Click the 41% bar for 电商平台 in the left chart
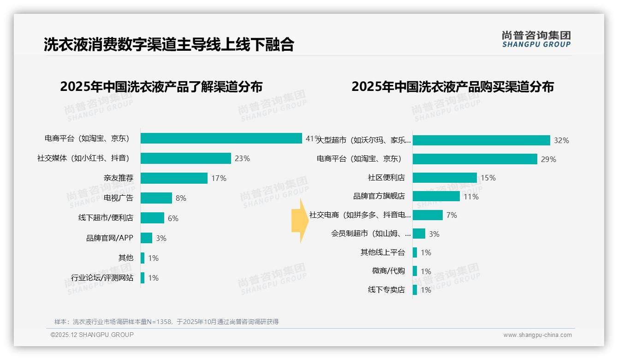coord(221,138)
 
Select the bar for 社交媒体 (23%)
coord(185,158)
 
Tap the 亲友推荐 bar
coord(174,178)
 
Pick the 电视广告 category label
coord(119,198)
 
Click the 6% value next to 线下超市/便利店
coord(173,218)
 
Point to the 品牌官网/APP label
coord(109,238)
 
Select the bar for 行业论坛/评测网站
coord(143,278)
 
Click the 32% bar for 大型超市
coord(481,140)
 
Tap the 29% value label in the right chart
coord(549,159)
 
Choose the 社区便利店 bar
coord(445,178)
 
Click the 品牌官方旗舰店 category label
coord(379,196)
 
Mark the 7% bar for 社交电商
coord(428,215)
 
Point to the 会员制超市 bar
coord(419,234)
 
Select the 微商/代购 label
coord(388,271)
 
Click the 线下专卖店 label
coord(386,290)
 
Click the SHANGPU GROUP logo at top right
coord(536,39)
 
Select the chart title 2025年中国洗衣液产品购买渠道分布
coord(452,87)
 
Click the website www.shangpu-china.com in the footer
coord(537,335)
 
